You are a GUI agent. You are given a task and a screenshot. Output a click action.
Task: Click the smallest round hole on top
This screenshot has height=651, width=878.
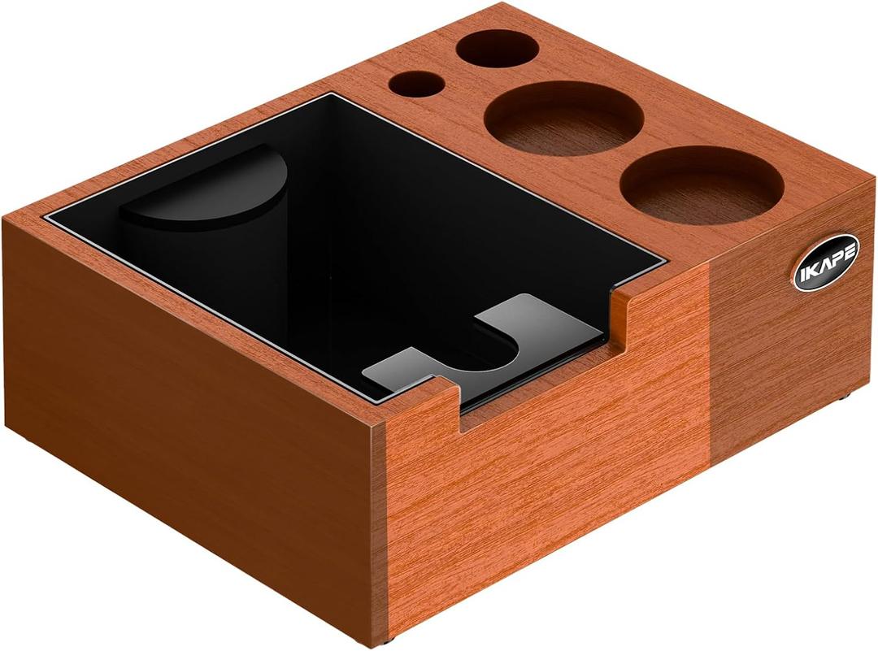[x=417, y=83]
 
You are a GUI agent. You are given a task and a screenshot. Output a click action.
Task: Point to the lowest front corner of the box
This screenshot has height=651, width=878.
[x=382, y=638]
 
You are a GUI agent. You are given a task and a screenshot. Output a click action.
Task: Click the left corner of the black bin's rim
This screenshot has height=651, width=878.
[x=45, y=218]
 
